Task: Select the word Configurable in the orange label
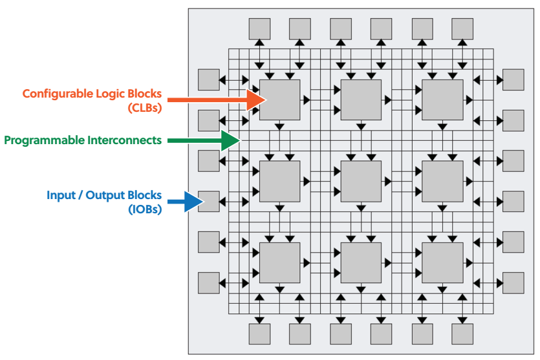[52, 94]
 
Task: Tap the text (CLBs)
[145, 108]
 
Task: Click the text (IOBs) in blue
[146, 209]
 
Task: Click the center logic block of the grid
[361, 181]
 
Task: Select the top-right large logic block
[442, 100]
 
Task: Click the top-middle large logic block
[361, 100]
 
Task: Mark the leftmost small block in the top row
[259, 28]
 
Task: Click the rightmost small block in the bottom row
[462, 334]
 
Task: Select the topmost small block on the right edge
[513, 79]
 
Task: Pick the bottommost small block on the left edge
[209, 282]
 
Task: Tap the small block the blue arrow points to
[209, 201]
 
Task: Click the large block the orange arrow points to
[279, 100]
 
